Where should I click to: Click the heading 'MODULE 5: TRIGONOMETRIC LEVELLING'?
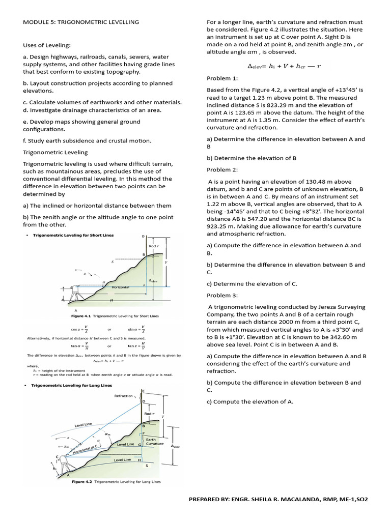tap(81, 22)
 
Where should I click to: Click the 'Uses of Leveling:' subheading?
tap(47, 46)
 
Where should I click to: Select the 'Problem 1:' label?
tap(222, 78)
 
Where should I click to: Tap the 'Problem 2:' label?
tap(222, 169)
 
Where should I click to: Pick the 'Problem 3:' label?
tap(222, 295)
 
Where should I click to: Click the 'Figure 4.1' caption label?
tap(81, 315)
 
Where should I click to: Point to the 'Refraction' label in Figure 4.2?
tap(124, 395)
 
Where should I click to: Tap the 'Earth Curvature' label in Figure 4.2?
tap(155, 441)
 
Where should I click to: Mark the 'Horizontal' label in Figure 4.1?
tap(121, 287)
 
